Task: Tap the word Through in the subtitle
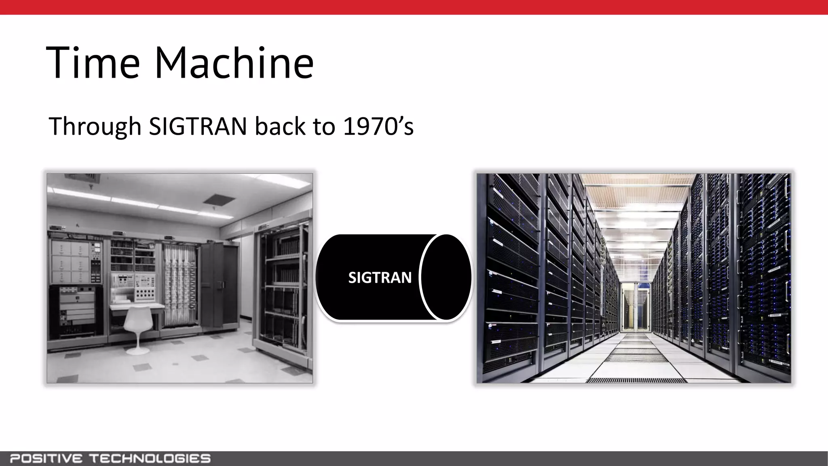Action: point(95,126)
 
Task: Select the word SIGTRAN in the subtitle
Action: point(198,126)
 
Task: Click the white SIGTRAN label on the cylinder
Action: point(380,277)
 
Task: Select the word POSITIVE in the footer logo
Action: point(46,459)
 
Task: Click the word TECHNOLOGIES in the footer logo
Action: point(150,459)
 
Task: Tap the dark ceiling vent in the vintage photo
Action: point(219,199)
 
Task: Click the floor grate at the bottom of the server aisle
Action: point(636,380)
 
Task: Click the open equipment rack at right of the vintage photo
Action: point(283,291)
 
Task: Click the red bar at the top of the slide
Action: point(414,7)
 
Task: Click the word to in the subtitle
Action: point(322,126)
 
